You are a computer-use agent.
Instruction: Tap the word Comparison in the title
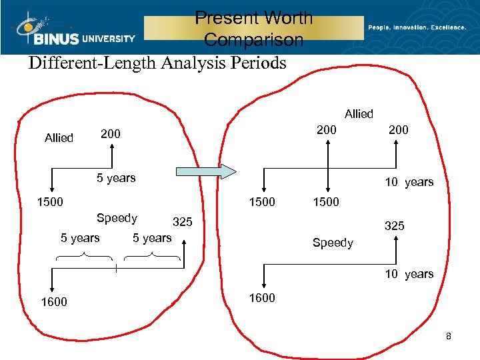click(253, 40)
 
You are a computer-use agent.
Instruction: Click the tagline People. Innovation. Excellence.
click(417, 27)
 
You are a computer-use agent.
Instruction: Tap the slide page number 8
click(449, 337)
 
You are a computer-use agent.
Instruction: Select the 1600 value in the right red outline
click(262, 298)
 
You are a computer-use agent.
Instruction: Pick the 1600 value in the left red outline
click(54, 302)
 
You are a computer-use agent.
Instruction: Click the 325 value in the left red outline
click(183, 222)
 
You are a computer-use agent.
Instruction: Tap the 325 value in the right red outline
click(394, 227)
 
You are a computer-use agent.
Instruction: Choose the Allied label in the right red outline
click(359, 114)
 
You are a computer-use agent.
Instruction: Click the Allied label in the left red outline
click(59, 138)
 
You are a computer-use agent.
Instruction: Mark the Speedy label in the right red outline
click(333, 243)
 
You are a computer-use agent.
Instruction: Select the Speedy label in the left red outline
click(117, 218)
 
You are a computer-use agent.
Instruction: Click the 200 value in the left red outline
click(111, 134)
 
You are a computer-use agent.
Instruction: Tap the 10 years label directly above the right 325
click(409, 182)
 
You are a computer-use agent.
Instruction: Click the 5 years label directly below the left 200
click(116, 178)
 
